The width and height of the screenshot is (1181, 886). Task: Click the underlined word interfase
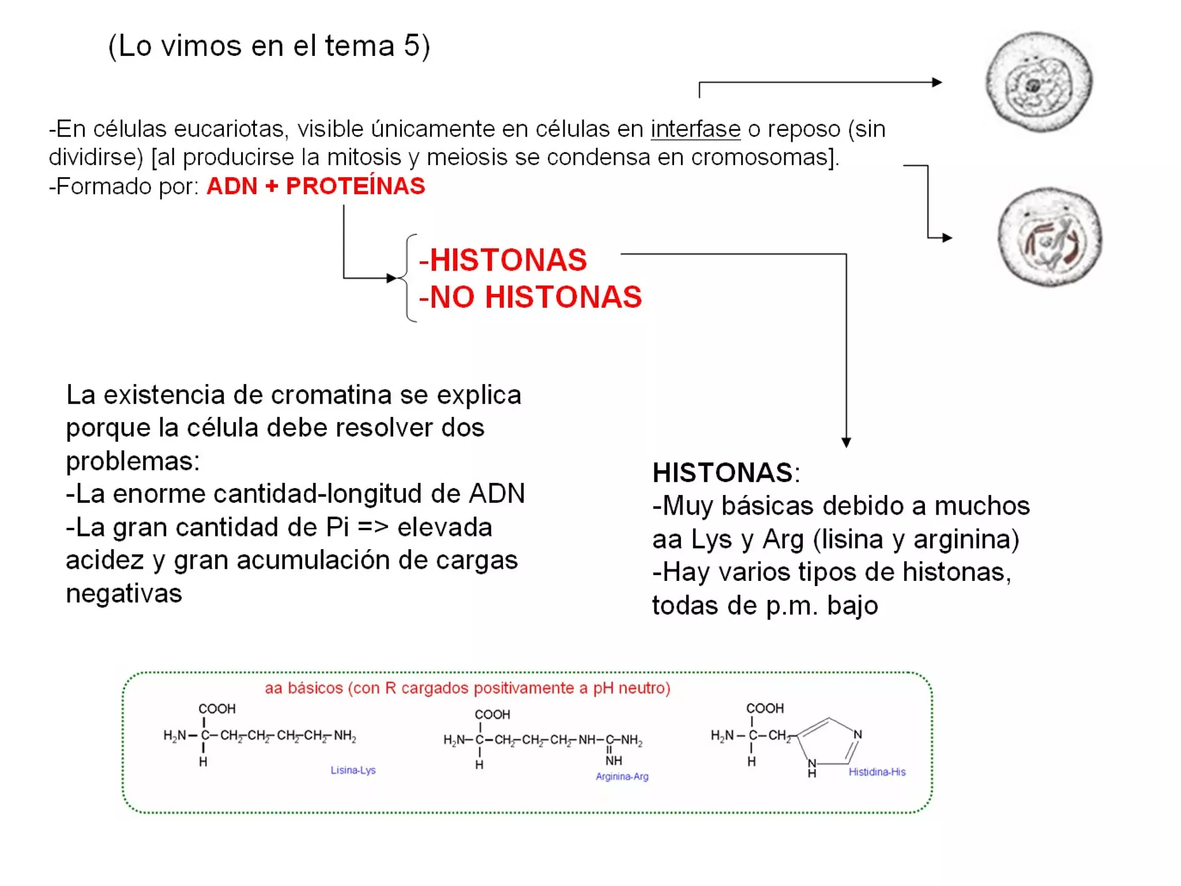pyautogui.click(x=695, y=129)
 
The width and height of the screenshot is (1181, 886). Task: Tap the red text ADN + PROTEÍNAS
pyautogui.click(x=315, y=186)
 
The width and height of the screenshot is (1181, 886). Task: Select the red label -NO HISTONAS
pyautogui.click(x=530, y=297)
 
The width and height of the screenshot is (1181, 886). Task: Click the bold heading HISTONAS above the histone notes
pyautogui.click(x=723, y=473)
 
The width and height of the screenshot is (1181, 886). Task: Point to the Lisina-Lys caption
pyautogui.click(x=353, y=770)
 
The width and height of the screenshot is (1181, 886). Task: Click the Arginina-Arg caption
pyautogui.click(x=622, y=776)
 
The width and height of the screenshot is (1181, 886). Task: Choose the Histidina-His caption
pyautogui.click(x=877, y=772)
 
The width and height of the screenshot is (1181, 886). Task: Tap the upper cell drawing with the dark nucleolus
pyautogui.click(x=1039, y=82)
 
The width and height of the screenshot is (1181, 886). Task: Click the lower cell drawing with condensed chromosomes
pyautogui.click(x=1050, y=237)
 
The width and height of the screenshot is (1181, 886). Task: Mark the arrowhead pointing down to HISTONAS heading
pyautogui.click(x=846, y=442)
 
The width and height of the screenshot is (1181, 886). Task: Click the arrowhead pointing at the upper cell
pyautogui.click(x=937, y=82)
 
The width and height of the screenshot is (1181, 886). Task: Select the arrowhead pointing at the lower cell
pyautogui.click(x=947, y=237)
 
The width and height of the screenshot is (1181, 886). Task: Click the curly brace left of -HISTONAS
pyautogui.click(x=408, y=278)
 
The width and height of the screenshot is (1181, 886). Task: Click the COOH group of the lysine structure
pyautogui.click(x=217, y=708)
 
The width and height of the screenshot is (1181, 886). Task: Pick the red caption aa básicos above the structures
pyautogui.click(x=467, y=688)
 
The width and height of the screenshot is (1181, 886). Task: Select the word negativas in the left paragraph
pyautogui.click(x=124, y=594)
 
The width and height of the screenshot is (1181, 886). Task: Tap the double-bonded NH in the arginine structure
pyautogui.click(x=614, y=760)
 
